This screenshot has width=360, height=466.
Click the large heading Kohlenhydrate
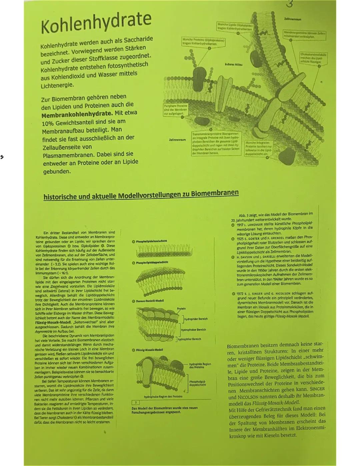[x=96, y=22]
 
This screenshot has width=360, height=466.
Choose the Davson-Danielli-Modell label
[x=150, y=301]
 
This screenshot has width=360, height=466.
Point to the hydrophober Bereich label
[x=193, y=330]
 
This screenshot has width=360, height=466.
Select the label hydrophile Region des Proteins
[x=200, y=365]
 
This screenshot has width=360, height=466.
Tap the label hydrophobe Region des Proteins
[x=163, y=397]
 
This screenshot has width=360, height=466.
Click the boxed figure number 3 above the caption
[x=136, y=403]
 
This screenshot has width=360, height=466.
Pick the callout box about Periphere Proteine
[x=175, y=110]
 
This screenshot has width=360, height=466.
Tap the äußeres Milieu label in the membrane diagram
[x=233, y=64]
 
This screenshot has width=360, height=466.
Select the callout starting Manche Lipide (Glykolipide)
[x=235, y=27]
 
